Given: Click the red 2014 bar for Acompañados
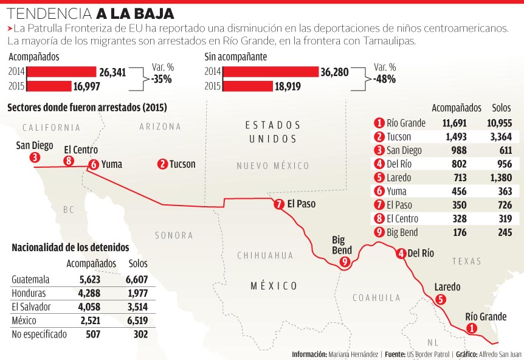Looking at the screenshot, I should pyautogui.click(x=62, y=72).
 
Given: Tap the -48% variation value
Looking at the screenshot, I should pyautogui.click(x=385, y=79).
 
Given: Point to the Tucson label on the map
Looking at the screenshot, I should pyautogui.click(x=182, y=164).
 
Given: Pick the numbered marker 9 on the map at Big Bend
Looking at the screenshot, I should pyautogui.click(x=345, y=262).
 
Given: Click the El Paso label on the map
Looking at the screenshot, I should pyautogui.click(x=302, y=204).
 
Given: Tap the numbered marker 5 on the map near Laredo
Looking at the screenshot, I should pyautogui.click(x=441, y=299).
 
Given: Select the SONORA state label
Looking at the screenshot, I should pyautogui.click(x=174, y=235).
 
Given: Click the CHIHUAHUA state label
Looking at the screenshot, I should pyautogui.click(x=265, y=255).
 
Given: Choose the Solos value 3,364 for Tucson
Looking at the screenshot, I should pyautogui.click(x=501, y=137).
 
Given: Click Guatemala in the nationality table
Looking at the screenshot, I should pyautogui.click(x=30, y=280).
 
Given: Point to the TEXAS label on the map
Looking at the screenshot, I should pyautogui.click(x=466, y=261).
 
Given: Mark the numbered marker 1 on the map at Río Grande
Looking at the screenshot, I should pyautogui.click(x=471, y=328).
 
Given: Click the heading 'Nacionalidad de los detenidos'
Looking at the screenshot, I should pyautogui.click(x=71, y=248).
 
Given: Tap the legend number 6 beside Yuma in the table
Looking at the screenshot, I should pyautogui.click(x=379, y=191).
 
